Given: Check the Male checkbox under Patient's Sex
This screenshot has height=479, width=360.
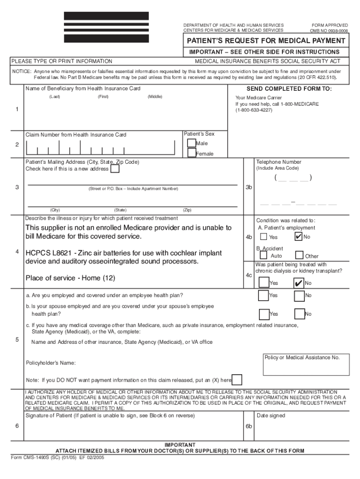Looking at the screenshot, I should pos(192,143).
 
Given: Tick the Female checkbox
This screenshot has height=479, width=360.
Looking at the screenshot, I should pos(192,153).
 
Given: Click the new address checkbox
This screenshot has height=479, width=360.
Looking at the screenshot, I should pos(115,169).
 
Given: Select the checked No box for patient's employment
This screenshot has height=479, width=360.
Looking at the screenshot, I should pos(298,237).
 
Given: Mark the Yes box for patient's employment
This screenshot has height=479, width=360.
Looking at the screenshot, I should pos(264,237).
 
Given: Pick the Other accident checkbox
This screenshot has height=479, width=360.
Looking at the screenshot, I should pos(300,255).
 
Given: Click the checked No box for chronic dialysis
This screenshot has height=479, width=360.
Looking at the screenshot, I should pos(298,283).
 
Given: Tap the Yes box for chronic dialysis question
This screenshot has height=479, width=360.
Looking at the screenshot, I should pos(264,283).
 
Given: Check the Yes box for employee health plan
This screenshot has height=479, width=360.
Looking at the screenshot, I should pos(264,296).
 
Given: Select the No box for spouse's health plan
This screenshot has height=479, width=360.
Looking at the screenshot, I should pos(299,314).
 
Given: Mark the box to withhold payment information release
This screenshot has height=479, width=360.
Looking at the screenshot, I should pos(237,380).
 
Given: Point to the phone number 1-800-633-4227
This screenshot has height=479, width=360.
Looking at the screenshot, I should pos(254,110).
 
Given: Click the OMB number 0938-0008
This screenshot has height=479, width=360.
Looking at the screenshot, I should pos(329,30).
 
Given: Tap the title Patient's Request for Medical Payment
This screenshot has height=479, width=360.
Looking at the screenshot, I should pos(266,41).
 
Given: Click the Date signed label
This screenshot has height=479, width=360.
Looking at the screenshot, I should pos(271,415).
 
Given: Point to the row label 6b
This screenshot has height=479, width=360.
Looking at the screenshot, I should pos(249,427).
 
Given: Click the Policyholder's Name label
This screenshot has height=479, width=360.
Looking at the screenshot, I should pos(51,363).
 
